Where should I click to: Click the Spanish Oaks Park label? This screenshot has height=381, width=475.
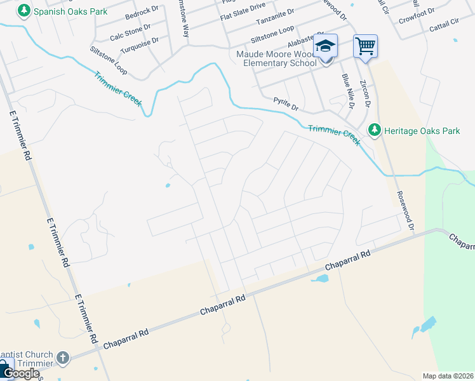(x=70, y=11)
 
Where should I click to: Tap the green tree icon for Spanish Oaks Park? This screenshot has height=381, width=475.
(x=24, y=11)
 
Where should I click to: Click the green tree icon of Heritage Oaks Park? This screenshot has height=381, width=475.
(x=375, y=130)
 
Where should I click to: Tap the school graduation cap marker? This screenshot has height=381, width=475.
(x=326, y=46)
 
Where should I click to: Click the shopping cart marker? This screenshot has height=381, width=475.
(x=365, y=45)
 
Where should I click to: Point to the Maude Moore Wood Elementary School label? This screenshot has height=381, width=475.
(x=276, y=58)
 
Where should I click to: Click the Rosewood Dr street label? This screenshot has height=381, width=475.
(x=405, y=210)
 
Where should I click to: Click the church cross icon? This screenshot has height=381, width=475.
(x=62, y=358)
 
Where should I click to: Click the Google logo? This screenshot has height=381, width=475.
(x=22, y=373)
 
